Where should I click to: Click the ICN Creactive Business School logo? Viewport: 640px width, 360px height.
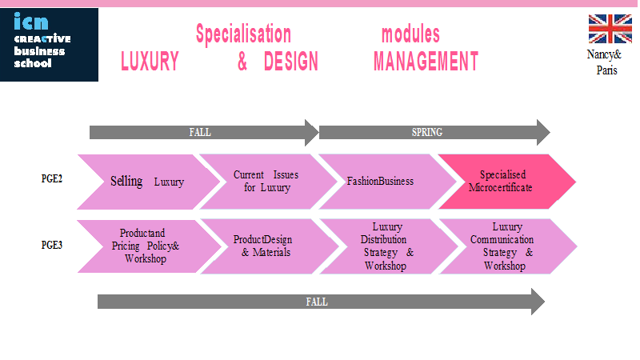[x=49, y=45]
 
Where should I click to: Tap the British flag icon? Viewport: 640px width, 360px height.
[x=610, y=29]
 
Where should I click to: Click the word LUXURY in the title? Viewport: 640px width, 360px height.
[x=150, y=62]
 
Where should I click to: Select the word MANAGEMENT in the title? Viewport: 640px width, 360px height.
[x=426, y=62]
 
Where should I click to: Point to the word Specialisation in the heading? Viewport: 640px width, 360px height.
[x=243, y=34]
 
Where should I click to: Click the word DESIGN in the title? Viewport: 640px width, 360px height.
[x=290, y=62]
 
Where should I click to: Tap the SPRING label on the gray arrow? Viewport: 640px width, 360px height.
[x=427, y=132]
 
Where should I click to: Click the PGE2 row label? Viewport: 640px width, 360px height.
[x=52, y=178]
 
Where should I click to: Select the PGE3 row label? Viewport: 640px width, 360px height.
[x=52, y=245]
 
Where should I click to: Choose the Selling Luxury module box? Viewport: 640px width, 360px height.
[x=149, y=182]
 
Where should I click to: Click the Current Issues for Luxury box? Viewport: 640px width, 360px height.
[x=268, y=182]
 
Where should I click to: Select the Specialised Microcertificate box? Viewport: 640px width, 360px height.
[x=506, y=182]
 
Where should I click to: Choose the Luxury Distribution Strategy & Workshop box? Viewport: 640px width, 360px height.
[x=388, y=246]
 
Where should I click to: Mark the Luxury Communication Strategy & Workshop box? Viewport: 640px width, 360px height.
[x=507, y=246]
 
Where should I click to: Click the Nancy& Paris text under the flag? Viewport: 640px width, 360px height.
[x=605, y=62]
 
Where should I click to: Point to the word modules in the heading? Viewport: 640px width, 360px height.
[x=410, y=34]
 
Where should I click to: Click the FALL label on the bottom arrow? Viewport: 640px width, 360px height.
[x=317, y=302]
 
